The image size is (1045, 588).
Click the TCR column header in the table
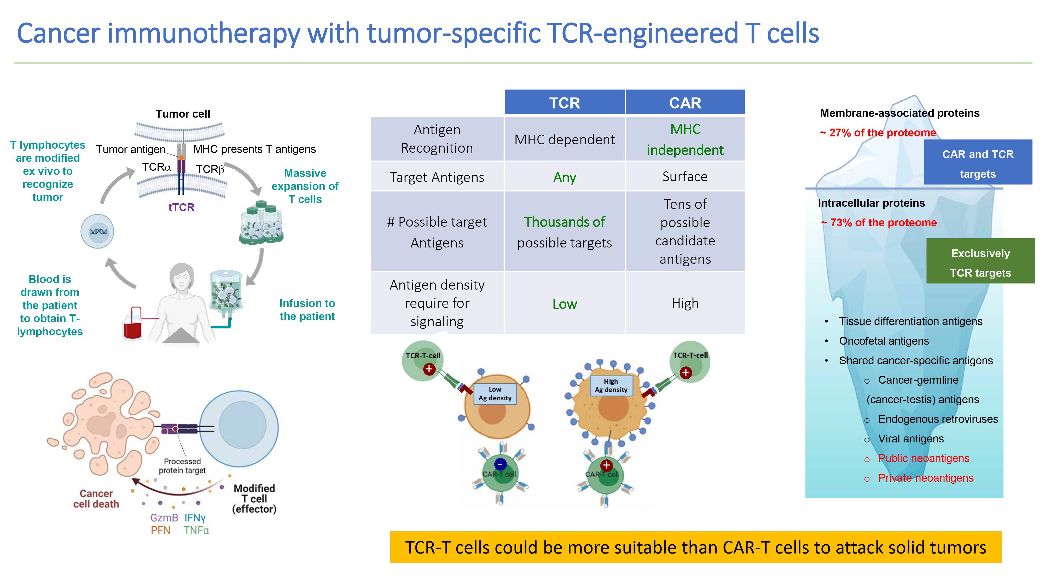pyautogui.click(x=564, y=103)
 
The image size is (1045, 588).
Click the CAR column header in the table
pyautogui.click(x=685, y=103)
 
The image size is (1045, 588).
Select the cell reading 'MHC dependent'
pyautogui.click(x=564, y=140)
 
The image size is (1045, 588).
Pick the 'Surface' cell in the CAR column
pyautogui.click(x=685, y=176)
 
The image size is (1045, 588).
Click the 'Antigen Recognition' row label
pyautogui.click(x=437, y=139)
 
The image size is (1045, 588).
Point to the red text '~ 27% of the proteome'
pyautogui.click(x=878, y=133)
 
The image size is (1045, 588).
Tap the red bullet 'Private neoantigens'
pyautogui.click(x=925, y=478)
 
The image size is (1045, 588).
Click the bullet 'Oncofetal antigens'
pyautogui.click(x=884, y=341)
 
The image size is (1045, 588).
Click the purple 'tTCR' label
pyautogui.click(x=181, y=207)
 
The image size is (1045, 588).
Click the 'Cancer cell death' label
pyautogui.click(x=96, y=499)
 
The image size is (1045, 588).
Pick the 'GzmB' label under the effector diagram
pyautogui.click(x=164, y=518)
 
